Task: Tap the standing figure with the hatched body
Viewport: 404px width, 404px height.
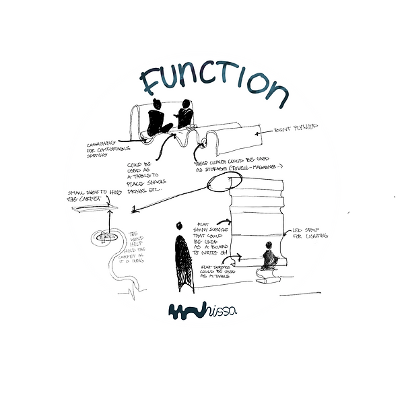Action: (x=180, y=257)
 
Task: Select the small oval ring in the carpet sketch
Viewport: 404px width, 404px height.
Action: (x=106, y=236)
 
